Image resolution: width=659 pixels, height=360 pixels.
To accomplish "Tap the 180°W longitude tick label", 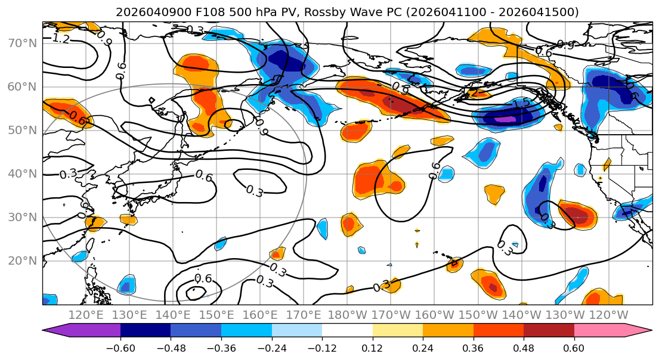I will [x=348, y=315].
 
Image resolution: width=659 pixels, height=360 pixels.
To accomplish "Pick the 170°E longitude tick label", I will [x=304, y=315].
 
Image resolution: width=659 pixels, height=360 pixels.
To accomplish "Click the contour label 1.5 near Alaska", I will [x=521, y=104].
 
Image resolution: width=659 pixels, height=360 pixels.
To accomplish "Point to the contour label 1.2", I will [x=60, y=39].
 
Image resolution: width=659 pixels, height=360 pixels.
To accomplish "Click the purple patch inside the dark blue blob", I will [x=504, y=119].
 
